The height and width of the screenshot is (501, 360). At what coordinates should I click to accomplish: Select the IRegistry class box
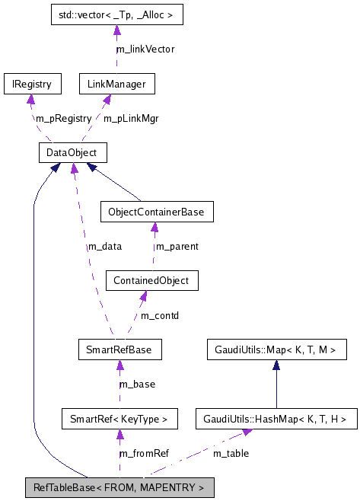tap(27, 83)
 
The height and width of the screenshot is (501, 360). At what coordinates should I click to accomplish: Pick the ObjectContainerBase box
tap(156, 211)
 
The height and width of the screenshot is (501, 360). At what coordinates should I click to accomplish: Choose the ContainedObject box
tap(152, 280)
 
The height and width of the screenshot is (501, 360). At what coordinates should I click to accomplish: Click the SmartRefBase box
tap(119, 350)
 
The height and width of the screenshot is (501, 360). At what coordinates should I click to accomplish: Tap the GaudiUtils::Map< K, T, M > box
tap(277, 350)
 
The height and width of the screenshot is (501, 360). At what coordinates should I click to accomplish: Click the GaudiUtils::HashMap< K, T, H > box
tap(276, 418)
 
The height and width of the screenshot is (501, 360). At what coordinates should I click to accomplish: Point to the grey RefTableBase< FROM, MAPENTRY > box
tap(119, 487)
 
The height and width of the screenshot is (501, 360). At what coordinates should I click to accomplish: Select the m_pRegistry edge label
tap(63, 118)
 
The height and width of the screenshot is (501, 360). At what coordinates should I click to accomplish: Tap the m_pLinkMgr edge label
tap(130, 118)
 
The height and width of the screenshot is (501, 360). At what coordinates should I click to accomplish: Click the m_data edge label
tap(104, 246)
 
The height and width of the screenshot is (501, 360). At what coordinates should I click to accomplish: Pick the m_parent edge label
tap(177, 246)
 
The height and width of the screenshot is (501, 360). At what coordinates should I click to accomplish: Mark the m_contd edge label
tap(160, 315)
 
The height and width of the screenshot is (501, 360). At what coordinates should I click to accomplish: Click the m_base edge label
tap(139, 385)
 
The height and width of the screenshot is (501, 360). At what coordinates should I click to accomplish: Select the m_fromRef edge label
tap(144, 453)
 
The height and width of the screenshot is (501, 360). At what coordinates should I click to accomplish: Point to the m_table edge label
tap(230, 453)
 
